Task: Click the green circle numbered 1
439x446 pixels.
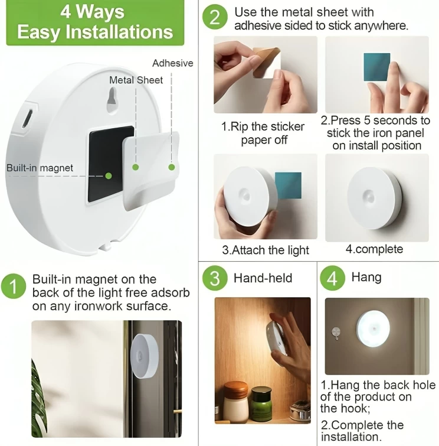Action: click(x=13, y=286)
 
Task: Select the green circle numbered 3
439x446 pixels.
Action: click(x=215, y=278)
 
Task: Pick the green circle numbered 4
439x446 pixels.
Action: click(x=332, y=278)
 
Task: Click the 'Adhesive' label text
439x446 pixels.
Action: click(x=173, y=63)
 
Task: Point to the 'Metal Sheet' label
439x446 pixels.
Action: click(x=136, y=80)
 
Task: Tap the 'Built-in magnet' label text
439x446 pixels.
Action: click(x=40, y=168)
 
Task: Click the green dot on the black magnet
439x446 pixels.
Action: click(x=108, y=176)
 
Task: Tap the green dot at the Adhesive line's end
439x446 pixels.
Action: click(x=172, y=167)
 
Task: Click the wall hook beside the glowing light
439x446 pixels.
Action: click(x=336, y=333)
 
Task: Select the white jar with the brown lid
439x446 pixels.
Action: click(x=235, y=401)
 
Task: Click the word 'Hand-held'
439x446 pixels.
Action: click(x=263, y=278)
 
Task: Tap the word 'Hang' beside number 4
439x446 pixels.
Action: click(x=366, y=277)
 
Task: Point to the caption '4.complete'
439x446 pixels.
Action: click(x=374, y=249)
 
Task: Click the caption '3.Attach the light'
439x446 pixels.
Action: click(x=266, y=250)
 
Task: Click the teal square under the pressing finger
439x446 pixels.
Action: click(x=377, y=67)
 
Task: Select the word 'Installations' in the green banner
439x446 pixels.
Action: click(x=119, y=31)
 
